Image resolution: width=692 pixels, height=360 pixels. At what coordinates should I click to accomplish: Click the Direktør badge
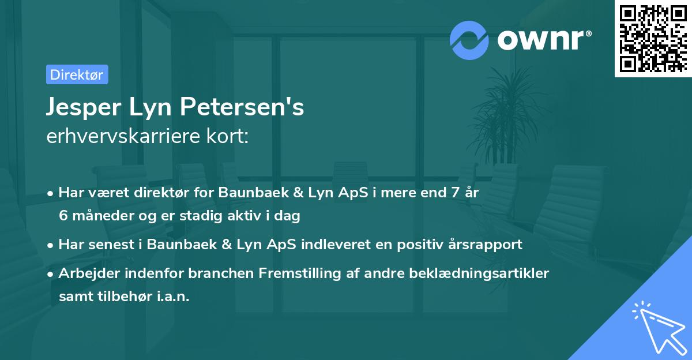coord(77,74)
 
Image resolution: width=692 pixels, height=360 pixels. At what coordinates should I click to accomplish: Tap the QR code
coord(653,38)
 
